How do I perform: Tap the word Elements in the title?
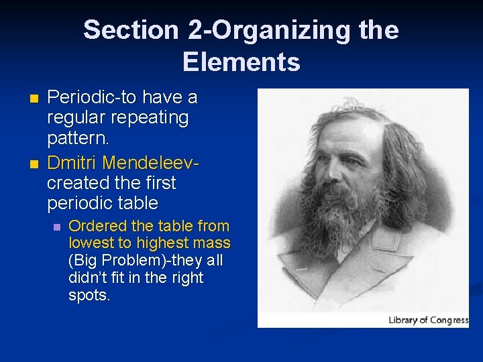[x=241, y=62]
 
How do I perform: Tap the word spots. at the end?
[x=89, y=295]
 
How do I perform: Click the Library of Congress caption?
[x=428, y=320]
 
